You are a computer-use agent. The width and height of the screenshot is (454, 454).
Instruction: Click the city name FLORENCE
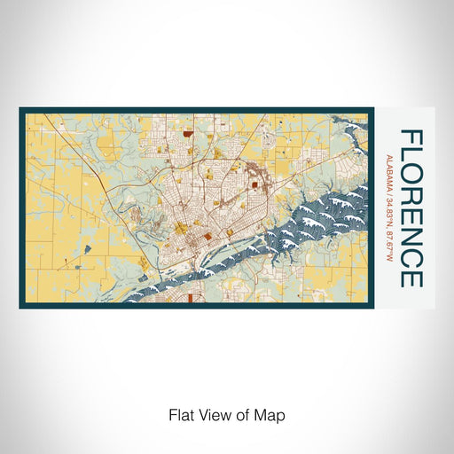pyautogui.click(x=411, y=208)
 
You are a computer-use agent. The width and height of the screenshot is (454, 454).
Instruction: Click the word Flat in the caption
pyautogui.click(x=180, y=415)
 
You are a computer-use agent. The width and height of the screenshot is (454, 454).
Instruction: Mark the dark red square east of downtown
pyautogui.click(x=254, y=184)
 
